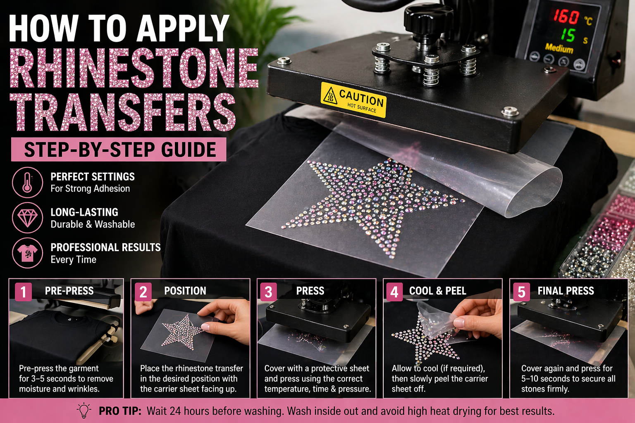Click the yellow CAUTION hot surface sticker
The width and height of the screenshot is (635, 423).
(353, 100)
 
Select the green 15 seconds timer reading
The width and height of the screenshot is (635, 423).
(568, 35)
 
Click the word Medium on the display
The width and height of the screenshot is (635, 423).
(559, 48)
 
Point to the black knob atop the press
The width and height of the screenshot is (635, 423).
(424, 18)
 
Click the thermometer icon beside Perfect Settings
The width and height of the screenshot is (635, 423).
(27, 182)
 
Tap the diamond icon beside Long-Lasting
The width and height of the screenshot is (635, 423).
(27, 217)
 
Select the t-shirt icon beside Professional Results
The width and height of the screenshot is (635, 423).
(27, 253)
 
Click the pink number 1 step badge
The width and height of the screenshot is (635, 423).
(23, 292)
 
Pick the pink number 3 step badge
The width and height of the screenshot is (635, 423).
(268, 292)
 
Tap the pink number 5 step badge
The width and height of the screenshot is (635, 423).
(521, 292)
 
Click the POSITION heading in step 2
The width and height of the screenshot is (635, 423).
(185, 291)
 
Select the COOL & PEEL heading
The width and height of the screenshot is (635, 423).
(437, 291)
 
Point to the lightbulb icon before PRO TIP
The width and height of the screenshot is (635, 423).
(84, 410)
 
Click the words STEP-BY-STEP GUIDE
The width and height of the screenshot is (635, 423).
(120, 150)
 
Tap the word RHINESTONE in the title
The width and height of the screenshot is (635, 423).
(134, 68)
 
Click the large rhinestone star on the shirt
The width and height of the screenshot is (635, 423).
(372, 202)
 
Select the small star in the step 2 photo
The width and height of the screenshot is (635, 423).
(182, 331)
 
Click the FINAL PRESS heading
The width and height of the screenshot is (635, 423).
(565, 291)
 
